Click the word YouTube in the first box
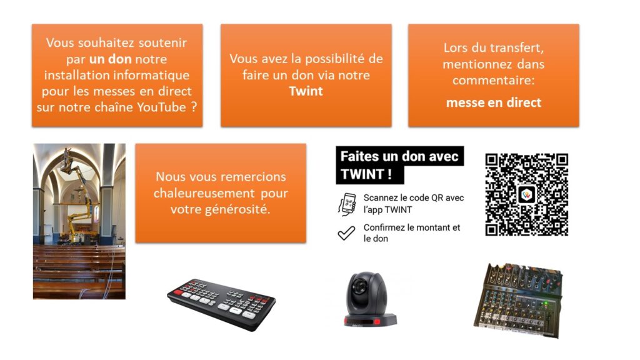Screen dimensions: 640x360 pyautogui.click(x=161, y=107)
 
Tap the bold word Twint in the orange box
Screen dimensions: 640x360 pyautogui.click(x=306, y=91)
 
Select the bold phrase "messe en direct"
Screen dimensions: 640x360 pyautogui.click(x=494, y=102)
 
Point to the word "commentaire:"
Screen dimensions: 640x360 pyautogui.click(x=494, y=80)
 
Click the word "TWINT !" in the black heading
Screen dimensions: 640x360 pyautogui.click(x=366, y=174)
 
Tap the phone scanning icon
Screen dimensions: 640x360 pyautogui.click(x=347, y=204)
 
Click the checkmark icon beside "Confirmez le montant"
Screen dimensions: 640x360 pyautogui.click(x=346, y=233)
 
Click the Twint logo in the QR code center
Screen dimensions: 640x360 pyautogui.click(x=526, y=195)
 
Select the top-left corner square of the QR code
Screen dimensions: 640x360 pyautogui.click(x=491, y=159)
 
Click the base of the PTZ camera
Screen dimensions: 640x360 pyautogui.click(x=370, y=319)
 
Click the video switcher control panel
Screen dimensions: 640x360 pyautogui.click(x=221, y=304)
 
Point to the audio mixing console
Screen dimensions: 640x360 pyautogui.click(x=518, y=301)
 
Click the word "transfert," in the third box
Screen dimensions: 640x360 pyautogui.click(x=519, y=47)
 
